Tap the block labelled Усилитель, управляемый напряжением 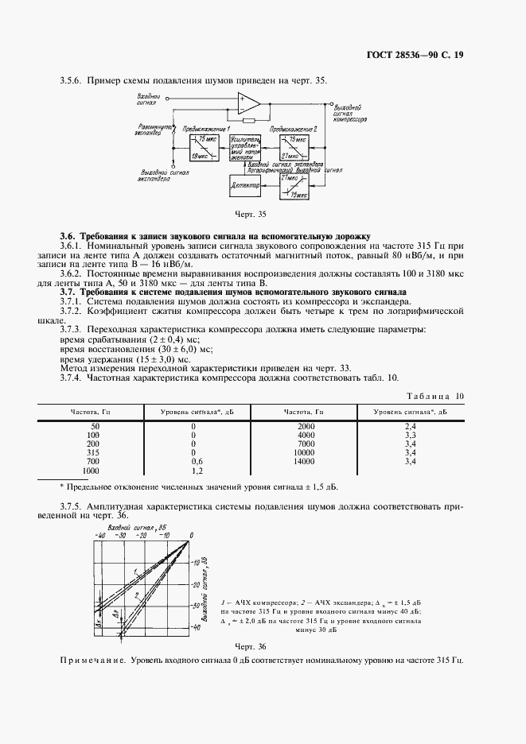244,148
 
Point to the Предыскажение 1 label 206,128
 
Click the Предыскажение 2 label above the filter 294,128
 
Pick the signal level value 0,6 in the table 193,462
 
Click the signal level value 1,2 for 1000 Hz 193,471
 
